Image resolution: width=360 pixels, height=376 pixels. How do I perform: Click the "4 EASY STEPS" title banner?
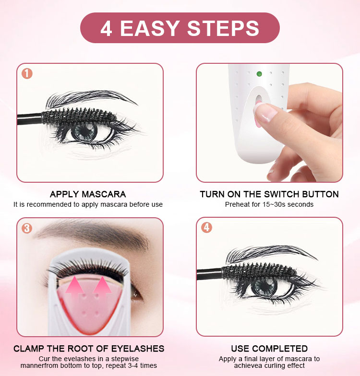click(180, 28)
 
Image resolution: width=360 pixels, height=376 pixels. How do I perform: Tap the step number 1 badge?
click(27, 74)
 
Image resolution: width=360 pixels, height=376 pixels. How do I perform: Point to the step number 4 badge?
click(207, 228)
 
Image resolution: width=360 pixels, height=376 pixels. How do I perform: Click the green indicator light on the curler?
click(259, 74)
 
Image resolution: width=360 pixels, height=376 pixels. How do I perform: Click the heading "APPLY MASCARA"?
click(88, 194)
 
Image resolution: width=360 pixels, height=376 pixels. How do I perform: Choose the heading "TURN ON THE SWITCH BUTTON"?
click(269, 194)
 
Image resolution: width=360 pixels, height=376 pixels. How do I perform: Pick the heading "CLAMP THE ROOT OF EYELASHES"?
click(89, 349)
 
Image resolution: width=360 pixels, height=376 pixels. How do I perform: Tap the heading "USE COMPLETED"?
click(269, 349)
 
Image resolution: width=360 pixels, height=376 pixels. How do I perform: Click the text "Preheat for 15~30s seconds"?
click(269, 204)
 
